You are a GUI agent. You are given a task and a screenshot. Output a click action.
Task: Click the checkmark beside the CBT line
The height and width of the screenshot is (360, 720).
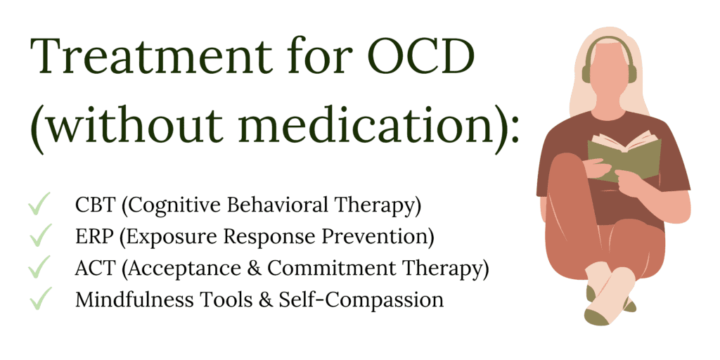click(x=39, y=203)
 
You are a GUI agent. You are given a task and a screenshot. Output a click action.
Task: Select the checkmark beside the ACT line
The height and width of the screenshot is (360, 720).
click(x=39, y=266)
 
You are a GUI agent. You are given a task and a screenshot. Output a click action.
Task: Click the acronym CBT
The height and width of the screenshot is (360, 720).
click(x=94, y=205)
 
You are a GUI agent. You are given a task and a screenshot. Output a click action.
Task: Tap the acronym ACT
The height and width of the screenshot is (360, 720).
click(x=94, y=269)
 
